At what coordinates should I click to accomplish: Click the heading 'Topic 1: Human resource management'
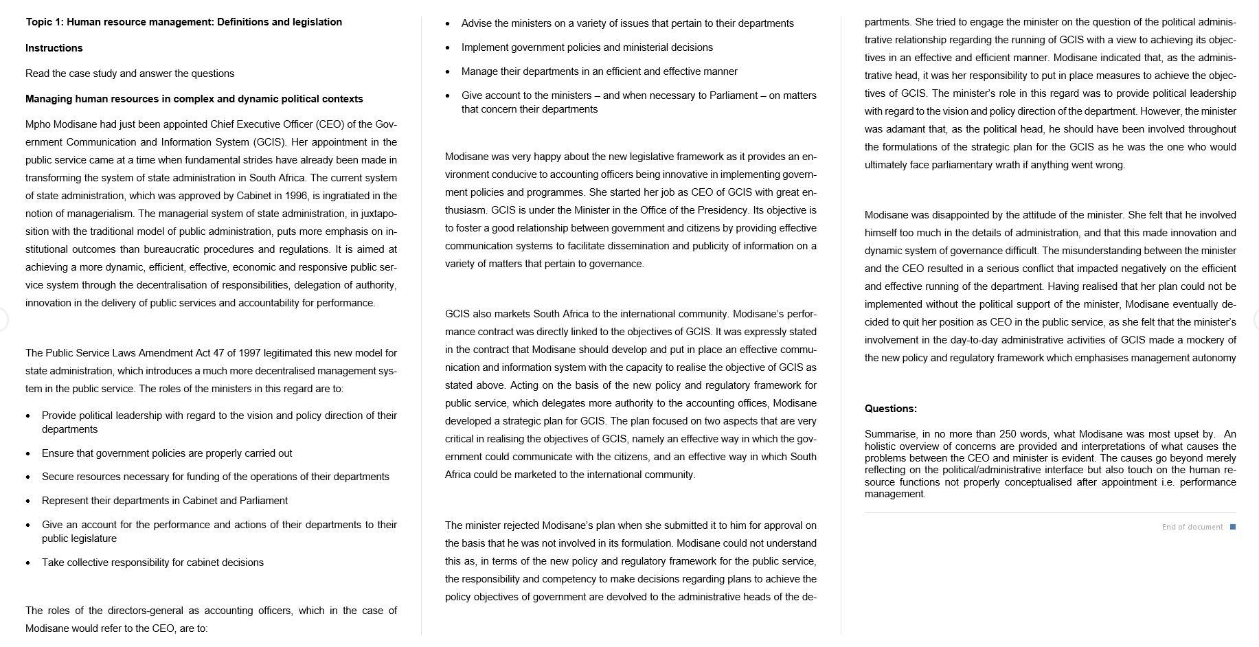click(x=183, y=22)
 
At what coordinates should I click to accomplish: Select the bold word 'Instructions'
click(x=54, y=48)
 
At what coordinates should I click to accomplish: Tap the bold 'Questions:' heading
click(x=890, y=409)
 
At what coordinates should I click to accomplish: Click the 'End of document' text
click(x=1192, y=527)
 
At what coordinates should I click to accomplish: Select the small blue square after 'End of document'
click(x=1233, y=527)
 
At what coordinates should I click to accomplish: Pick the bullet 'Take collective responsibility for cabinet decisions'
click(x=152, y=563)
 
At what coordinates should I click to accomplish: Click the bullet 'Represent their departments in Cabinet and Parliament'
click(x=164, y=501)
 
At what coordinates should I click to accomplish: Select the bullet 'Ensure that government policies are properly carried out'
click(x=167, y=453)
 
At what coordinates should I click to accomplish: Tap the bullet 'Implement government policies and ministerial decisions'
click(x=587, y=47)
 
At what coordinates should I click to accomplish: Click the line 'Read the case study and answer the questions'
click(x=130, y=73)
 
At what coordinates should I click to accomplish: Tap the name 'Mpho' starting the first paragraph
click(x=38, y=124)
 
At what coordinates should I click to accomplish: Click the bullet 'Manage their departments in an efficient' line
click(x=599, y=71)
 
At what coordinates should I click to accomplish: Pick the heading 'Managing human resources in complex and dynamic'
click(x=194, y=99)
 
